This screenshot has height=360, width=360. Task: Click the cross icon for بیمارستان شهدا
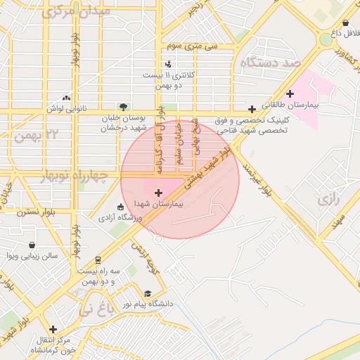[x=157, y=192]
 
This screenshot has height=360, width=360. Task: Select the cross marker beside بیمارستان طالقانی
[x=290, y=94]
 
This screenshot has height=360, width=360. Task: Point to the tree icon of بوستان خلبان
[x=124, y=107]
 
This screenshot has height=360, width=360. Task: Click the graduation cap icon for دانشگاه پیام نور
[x=148, y=294]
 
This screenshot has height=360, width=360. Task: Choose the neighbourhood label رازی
[x=328, y=199]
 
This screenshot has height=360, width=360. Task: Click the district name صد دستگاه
[x=270, y=63]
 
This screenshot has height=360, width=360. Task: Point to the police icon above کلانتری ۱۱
[x=167, y=65]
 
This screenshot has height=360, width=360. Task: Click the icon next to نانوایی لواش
[x=66, y=98]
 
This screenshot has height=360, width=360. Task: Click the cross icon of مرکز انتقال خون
[x=53, y=328]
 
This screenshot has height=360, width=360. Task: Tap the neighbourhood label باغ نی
[x=95, y=307]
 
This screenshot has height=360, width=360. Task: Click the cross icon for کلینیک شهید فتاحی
[x=252, y=109]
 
